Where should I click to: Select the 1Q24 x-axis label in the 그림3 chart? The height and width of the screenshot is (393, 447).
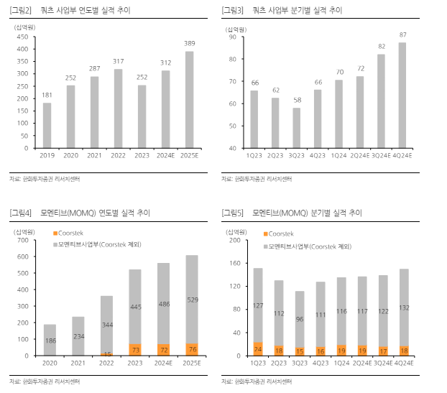[x=338, y=154]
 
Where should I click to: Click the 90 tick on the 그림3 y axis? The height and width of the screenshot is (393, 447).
[x=234, y=37]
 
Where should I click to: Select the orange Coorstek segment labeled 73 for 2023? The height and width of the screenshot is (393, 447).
[x=134, y=349]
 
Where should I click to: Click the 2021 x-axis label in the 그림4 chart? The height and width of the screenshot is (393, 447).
[x=78, y=363]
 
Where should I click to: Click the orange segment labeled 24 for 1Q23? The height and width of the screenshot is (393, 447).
[x=257, y=349]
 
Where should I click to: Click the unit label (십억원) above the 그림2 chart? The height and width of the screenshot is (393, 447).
[x=25, y=26]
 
